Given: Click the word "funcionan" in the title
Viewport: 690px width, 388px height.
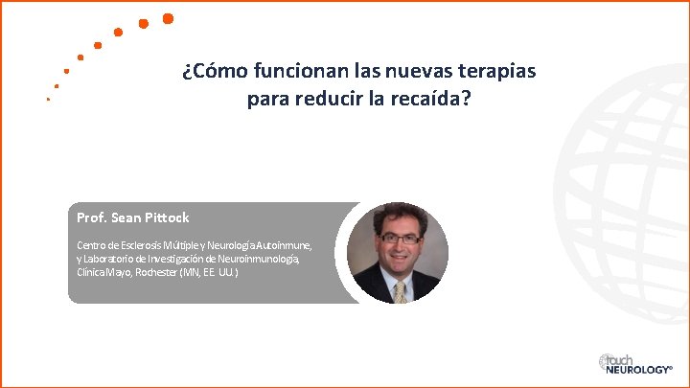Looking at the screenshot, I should (280, 72).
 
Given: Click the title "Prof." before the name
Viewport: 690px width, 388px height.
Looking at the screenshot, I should (92, 217).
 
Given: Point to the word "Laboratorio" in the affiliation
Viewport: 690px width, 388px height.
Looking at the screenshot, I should (113, 259).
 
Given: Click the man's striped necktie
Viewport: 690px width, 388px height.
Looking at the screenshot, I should (400, 290).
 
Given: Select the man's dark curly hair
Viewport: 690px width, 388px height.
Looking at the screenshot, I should (395, 216).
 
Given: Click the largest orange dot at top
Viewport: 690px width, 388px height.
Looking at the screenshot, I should (168, 18).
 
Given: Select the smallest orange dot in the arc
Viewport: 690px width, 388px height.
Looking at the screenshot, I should (48, 99).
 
